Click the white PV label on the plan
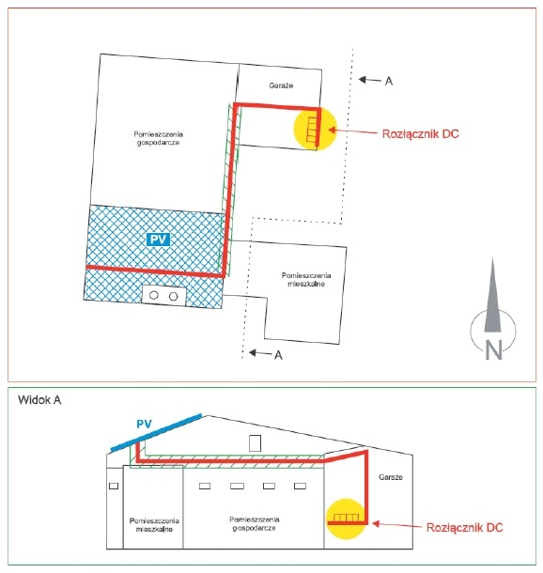tap(158, 240)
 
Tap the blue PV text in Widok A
tap(144, 424)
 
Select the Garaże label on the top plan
tap(281, 85)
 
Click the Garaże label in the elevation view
tap(391, 477)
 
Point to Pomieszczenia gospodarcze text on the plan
tap(158, 138)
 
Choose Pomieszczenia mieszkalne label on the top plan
tap(306, 280)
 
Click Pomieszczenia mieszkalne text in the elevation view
tap(154, 525)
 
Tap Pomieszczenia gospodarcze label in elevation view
tap(254, 523)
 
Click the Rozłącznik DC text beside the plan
tap(420, 133)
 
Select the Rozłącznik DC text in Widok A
tap(464, 528)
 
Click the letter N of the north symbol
tap(493, 349)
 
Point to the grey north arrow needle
tap(492, 295)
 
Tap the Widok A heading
tap(39, 400)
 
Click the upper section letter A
tap(389, 81)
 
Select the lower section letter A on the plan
tap(278, 355)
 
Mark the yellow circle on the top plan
tap(315, 129)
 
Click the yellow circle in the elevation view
tap(346, 519)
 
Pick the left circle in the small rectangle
tap(154, 295)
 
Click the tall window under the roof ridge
tap(255, 443)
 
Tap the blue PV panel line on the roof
tap(156, 433)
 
